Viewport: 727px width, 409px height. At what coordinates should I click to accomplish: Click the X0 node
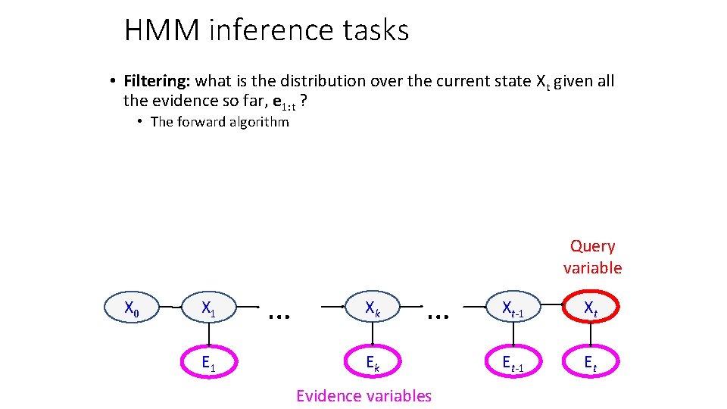(x=132, y=308)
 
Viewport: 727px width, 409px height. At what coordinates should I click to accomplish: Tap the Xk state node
(x=373, y=308)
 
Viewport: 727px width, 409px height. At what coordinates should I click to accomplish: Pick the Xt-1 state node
(x=513, y=308)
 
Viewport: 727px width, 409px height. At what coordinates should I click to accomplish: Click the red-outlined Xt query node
(x=591, y=308)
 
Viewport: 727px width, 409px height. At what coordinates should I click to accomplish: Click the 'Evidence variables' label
(x=363, y=395)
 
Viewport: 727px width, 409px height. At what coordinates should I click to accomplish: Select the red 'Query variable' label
(x=592, y=257)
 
